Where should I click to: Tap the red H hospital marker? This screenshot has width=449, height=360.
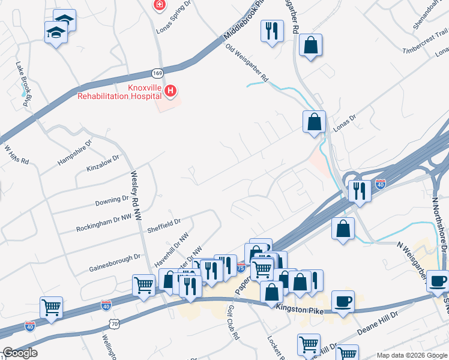click(x=171, y=91)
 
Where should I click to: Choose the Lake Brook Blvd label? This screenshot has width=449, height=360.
click(x=23, y=85)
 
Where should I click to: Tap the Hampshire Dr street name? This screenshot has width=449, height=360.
click(x=74, y=154)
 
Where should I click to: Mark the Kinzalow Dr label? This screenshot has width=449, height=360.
click(x=103, y=164)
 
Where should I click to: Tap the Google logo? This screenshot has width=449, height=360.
click(x=20, y=353)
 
